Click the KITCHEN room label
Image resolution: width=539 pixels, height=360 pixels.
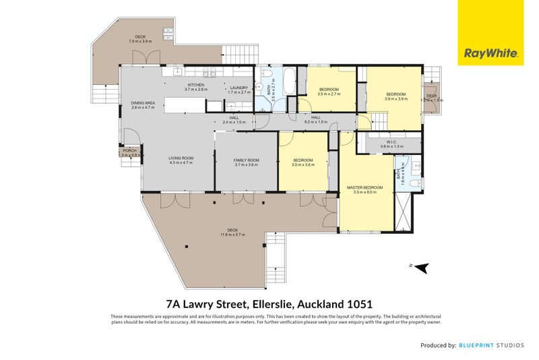tap(195, 85)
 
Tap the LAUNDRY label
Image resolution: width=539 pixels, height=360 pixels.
tap(239, 88)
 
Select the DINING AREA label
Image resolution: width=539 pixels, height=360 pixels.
tap(143, 102)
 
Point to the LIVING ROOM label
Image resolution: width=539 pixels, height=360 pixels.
tap(181, 158)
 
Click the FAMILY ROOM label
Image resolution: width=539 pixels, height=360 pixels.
tap(247, 160)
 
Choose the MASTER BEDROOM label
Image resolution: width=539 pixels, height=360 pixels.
tap(364, 187)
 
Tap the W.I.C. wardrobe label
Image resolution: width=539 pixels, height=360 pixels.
tap(391, 142)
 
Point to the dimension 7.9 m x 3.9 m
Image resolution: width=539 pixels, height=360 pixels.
tap(140, 42)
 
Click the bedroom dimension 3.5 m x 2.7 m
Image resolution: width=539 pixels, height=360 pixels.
tap(329, 94)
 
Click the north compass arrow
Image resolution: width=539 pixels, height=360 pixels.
tap(422, 268)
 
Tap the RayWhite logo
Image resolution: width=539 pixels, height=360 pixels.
tap(491, 32)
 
